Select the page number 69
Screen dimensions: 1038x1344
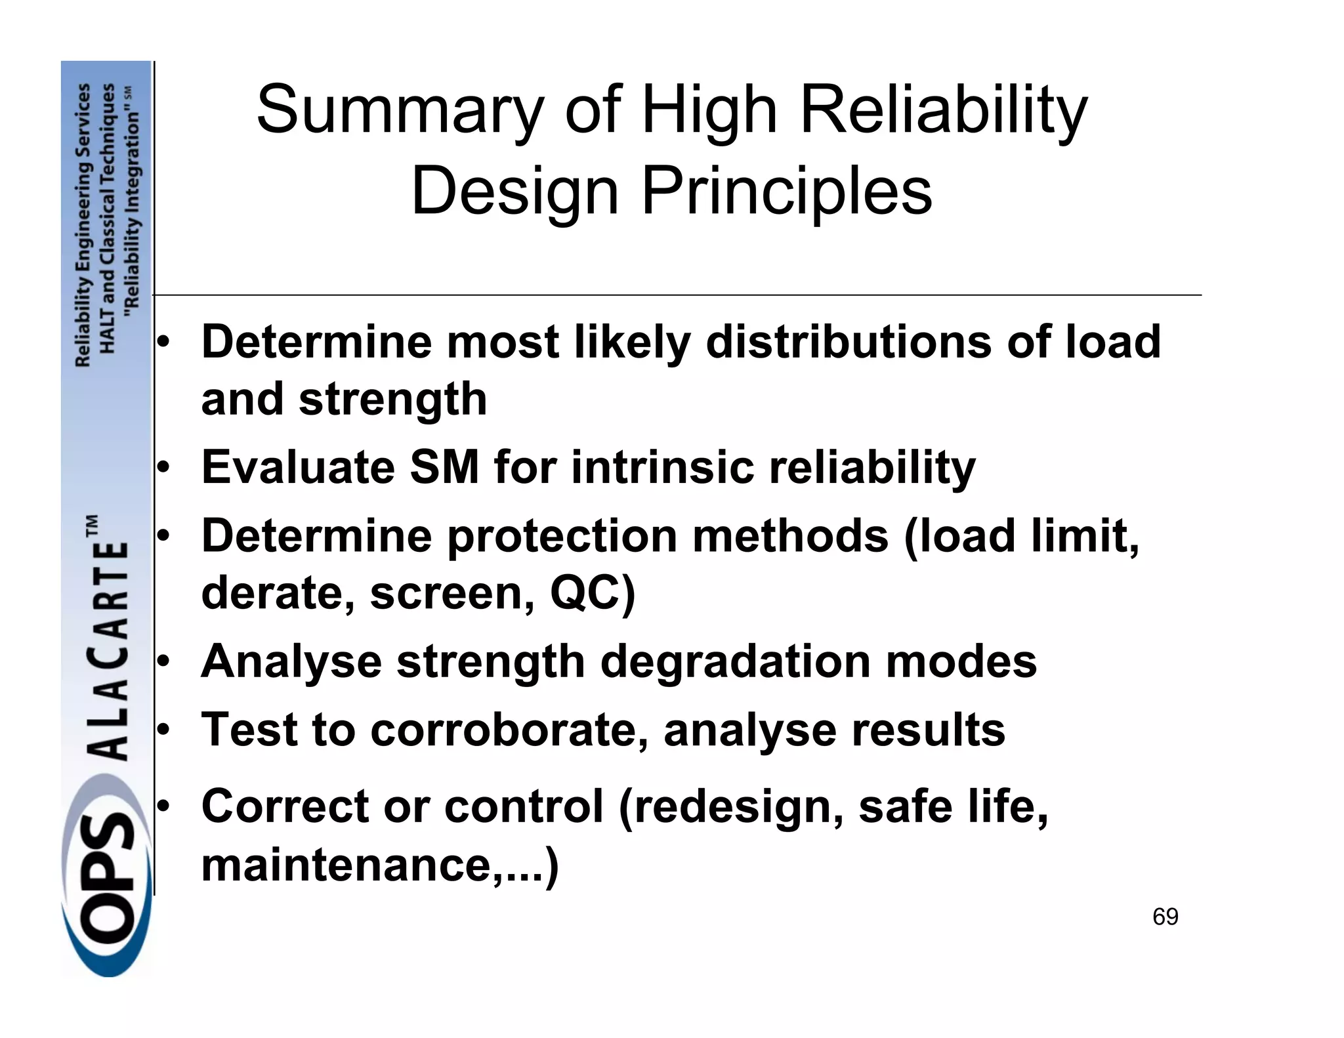coord(1165,917)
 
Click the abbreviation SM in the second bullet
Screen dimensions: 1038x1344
coord(444,467)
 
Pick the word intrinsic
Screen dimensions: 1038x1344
coord(662,467)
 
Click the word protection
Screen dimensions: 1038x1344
coord(562,536)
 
